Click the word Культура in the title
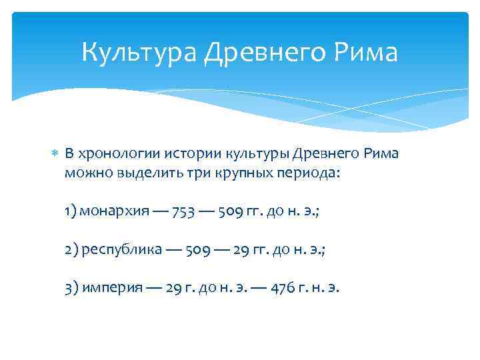pos(139,53)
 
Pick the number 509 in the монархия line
pos(239,211)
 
